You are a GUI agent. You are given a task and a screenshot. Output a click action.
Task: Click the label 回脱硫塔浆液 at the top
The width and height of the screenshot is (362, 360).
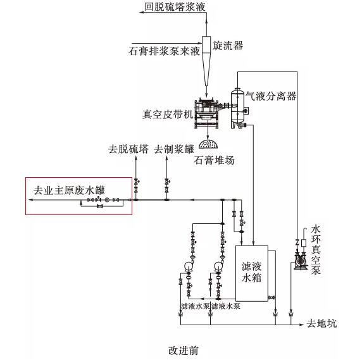(175, 7)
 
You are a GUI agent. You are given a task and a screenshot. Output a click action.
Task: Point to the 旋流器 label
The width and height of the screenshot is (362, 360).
(228, 46)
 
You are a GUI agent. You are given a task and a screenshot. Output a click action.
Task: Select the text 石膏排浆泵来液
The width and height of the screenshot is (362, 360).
(164, 51)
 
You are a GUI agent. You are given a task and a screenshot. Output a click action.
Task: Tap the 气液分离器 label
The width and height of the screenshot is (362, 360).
(271, 96)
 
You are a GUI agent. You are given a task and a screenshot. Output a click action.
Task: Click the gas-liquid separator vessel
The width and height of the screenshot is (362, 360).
(237, 108)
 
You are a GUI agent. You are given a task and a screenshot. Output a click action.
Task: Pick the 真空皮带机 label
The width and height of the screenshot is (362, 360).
(168, 115)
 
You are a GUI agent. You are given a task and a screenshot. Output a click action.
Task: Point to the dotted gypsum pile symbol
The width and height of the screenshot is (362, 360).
(208, 144)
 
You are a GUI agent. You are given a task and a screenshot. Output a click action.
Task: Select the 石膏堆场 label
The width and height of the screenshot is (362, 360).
(215, 160)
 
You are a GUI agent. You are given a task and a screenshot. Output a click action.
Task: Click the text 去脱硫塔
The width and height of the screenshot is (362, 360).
(128, 149)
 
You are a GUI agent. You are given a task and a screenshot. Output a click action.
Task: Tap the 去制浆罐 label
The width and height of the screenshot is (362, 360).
(174, 149)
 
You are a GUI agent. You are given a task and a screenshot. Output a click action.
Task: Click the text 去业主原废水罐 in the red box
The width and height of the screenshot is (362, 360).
(69, 190)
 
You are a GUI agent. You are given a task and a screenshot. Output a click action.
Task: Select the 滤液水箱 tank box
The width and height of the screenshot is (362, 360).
(252, 273)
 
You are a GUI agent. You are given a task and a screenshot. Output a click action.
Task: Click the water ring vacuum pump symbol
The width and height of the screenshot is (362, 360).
(301, 261)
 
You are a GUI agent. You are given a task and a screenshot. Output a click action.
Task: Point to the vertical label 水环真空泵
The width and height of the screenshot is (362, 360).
(316, 250)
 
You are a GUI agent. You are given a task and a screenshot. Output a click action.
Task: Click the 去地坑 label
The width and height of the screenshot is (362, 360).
(321, 323)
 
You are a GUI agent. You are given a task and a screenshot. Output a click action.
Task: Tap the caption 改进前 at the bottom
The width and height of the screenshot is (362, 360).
(184, 351)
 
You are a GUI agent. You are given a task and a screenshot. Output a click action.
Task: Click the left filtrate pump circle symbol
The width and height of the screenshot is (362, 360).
(189, 266)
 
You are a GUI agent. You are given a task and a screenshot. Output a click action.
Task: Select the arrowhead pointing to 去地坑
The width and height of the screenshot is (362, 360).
(301, 325)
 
